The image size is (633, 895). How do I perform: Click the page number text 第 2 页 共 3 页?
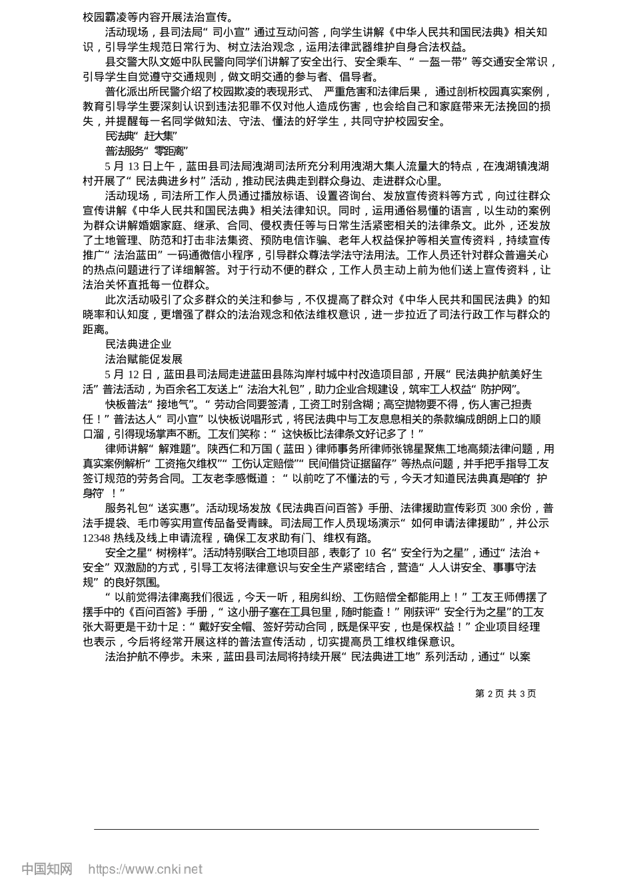tap(505, 693)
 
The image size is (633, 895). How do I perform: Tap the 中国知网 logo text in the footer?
tap(47, 868)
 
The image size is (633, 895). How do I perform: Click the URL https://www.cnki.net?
tap(145, 869)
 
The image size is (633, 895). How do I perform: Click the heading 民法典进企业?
tap(138, 344)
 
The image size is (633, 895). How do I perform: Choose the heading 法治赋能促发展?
tap(143, 359)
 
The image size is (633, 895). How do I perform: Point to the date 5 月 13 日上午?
tap(139, 166)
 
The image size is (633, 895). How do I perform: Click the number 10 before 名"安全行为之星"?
tap(370, 553)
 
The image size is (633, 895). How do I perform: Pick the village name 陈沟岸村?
tap(301, 374)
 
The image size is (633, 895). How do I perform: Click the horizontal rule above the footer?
tap(316, 829)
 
